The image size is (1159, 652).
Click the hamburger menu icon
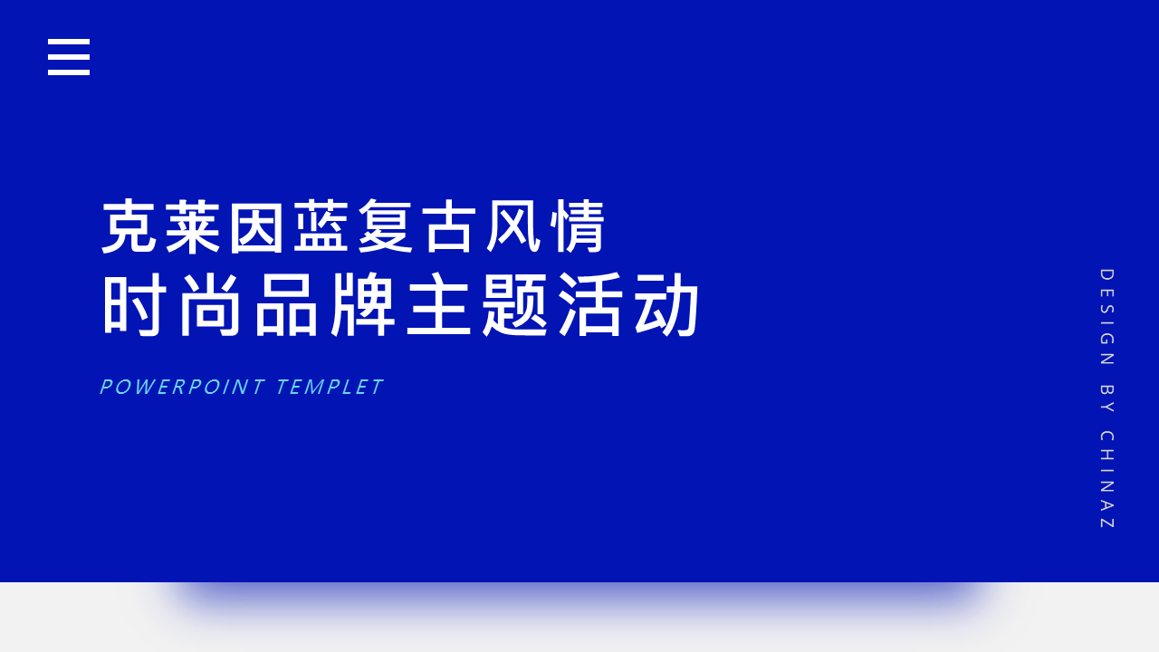(x=69, y=57)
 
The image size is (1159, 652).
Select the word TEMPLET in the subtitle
(x=330, y=388)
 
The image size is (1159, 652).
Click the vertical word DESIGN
(x=1106, y=317)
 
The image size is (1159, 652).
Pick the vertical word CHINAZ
(x=1106, y=480)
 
